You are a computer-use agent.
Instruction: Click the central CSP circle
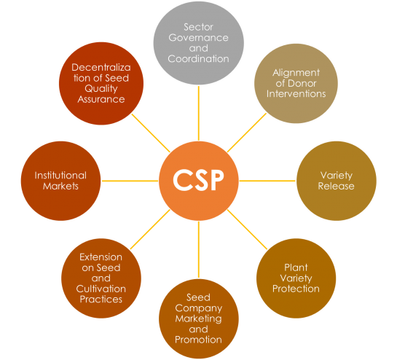coord(199,180)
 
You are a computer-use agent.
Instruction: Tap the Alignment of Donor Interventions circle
coord(296,83)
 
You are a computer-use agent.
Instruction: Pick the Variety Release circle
coord(337,180)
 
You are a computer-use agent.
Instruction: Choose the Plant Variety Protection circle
coord(296,278)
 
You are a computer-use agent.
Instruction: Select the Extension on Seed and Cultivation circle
coord(101,278)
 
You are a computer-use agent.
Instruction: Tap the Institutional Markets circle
coord(60,180)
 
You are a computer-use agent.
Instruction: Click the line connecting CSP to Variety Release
coord(267,180)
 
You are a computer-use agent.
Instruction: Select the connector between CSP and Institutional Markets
coord(130,180)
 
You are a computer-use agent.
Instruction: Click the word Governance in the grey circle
coord(199,37)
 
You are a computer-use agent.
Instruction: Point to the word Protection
coord(296,288)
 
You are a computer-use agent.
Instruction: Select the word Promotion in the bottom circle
coord(199,339)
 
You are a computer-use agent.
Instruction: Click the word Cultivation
coord(101,289)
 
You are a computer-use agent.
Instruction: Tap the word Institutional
coord(60,175)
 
